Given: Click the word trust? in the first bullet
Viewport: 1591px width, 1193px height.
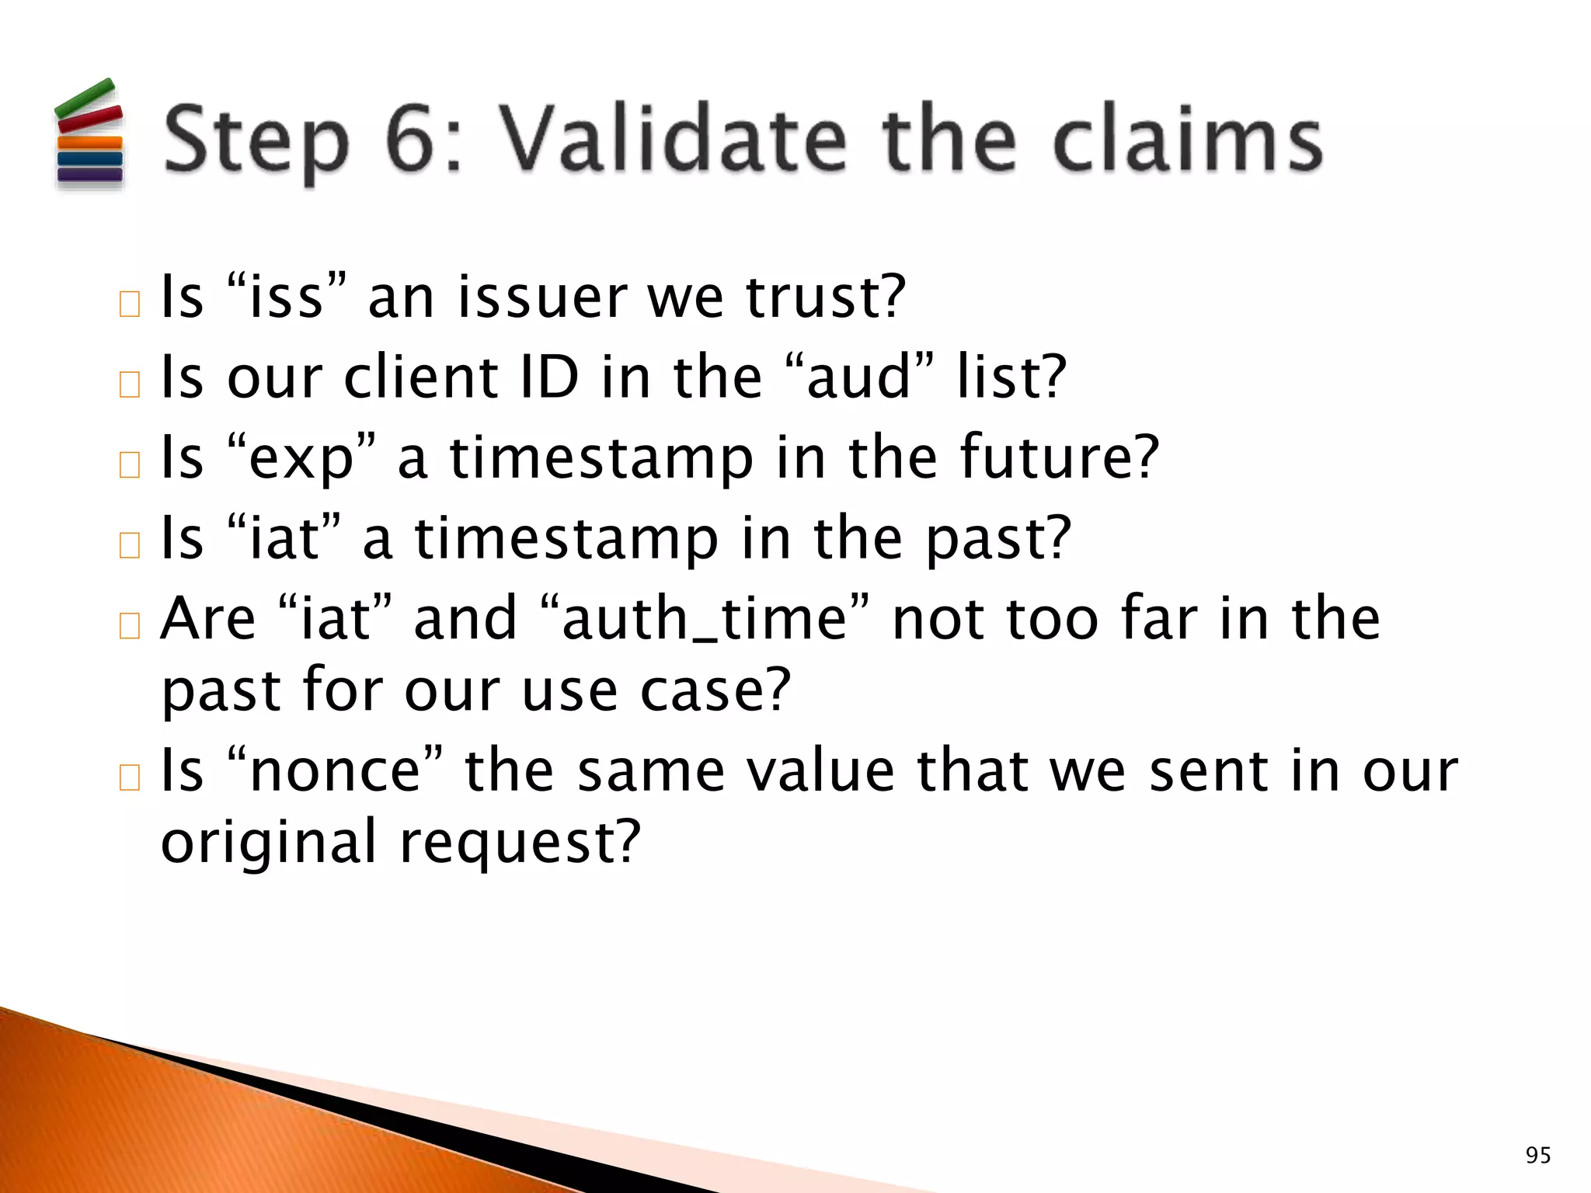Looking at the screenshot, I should click(825, 297).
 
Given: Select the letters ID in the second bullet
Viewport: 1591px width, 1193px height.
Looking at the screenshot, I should click(550, 377).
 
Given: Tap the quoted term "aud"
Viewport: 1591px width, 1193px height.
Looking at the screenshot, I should click(858, 377).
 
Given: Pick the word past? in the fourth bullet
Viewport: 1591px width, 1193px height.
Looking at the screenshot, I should click(998, 538).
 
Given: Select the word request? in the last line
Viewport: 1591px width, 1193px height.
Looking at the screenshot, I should click(520, 842).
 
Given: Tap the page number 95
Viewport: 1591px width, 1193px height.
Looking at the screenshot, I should click(1537, 1156).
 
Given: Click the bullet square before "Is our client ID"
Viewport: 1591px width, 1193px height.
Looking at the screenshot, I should click(130, 384).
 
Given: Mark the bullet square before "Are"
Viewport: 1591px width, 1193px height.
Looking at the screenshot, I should click(130, 625).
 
